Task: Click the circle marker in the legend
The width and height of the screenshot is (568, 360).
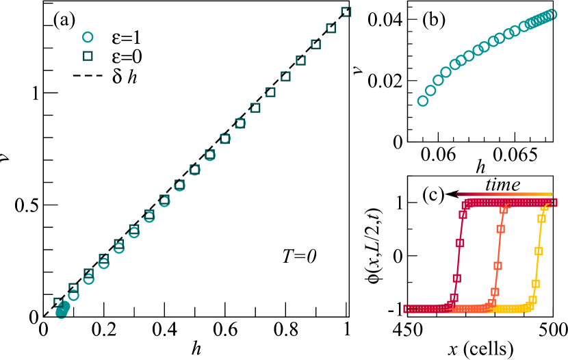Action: point(87,38)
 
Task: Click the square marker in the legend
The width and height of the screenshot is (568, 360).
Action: point(87,57)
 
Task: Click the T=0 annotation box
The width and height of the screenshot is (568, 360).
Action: point(279,256)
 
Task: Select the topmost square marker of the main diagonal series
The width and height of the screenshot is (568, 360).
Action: point(346,12)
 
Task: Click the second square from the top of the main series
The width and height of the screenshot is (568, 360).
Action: point(331,28)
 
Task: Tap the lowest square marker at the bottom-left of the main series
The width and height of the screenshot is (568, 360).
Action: point(58,302)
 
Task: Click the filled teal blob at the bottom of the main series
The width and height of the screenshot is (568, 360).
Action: point(62,311)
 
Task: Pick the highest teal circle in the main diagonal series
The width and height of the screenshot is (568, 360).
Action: point(240,123)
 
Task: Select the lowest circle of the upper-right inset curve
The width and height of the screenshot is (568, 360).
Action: point(423,101)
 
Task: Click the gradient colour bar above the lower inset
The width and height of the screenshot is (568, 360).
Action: point(504,194)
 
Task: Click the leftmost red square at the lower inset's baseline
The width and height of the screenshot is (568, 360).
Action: point(406,309)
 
